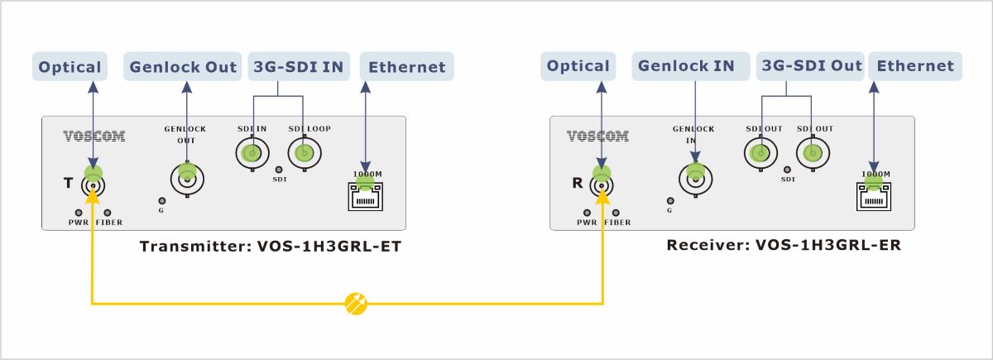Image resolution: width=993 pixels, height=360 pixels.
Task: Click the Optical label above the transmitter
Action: click(x=70, y=67)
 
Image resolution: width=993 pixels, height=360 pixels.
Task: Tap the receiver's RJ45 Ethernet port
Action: click(x=873, y=195)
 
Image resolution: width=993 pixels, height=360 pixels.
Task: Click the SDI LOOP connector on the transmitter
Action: click(x=305, y=153)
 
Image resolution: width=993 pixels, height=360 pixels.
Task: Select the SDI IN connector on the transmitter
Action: click(x=252, y=153)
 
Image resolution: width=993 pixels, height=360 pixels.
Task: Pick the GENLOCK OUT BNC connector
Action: click(x=187, y=176)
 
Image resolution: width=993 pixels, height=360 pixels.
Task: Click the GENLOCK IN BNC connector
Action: click(x=694, y=176)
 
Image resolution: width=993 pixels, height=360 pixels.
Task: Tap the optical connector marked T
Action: click(x=92, y=185)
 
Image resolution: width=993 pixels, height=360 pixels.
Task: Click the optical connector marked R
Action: click(x=601, y=185)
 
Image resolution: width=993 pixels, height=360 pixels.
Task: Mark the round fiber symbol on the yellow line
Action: click(x=355, y=304)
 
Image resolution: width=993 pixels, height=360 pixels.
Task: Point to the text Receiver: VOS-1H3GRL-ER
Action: click(x=783, y=246)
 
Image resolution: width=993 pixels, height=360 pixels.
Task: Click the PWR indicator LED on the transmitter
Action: click(x=78, y=212)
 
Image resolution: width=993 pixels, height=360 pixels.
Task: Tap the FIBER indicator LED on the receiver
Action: click(x=616, y=212)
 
